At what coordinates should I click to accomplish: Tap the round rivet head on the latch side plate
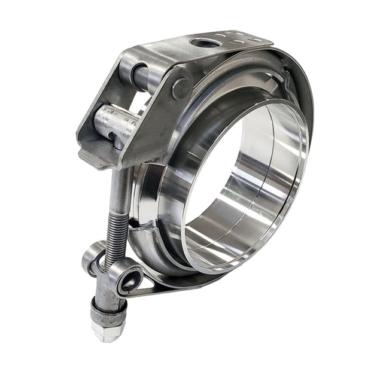pos(180,89)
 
